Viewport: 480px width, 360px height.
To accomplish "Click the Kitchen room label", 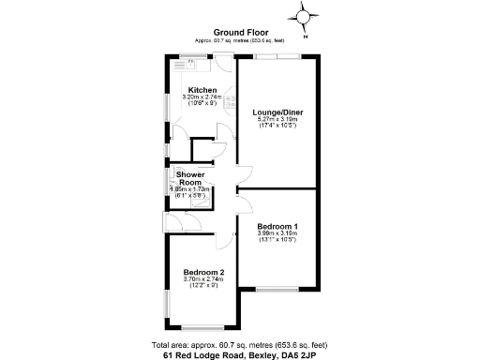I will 202,90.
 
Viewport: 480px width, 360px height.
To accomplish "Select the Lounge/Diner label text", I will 277,112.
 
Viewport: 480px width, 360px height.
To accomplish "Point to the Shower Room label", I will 190,177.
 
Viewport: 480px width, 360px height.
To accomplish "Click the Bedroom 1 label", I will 277,227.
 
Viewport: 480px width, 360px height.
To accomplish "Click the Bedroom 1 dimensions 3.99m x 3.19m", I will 277,234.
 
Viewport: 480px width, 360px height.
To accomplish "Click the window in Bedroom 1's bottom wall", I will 277,287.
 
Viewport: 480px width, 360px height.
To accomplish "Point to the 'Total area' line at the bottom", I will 240,345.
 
